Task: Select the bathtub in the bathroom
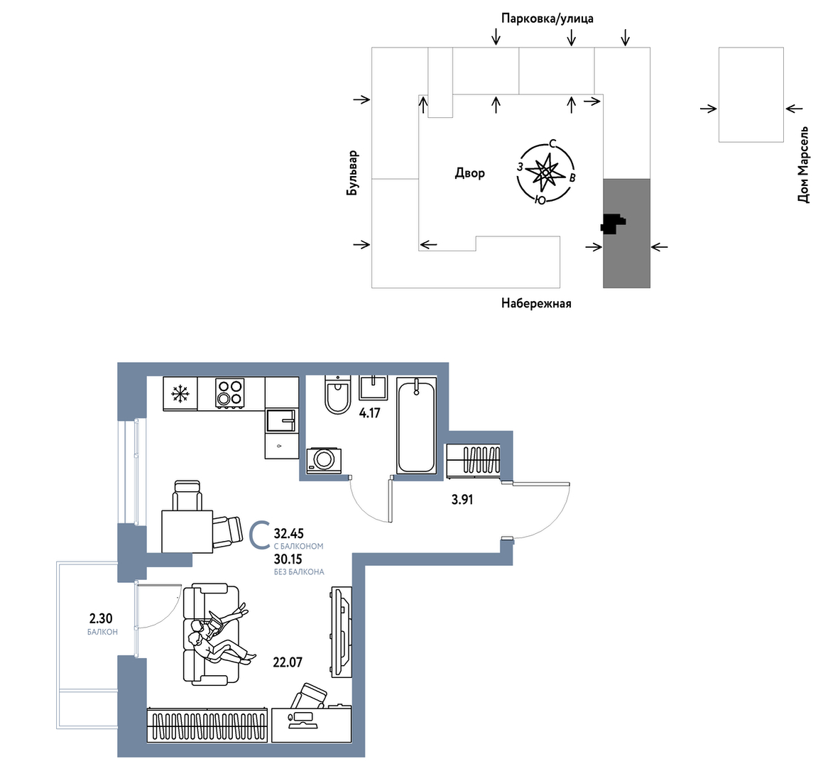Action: click(416, 425)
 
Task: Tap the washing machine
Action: click(324, 460)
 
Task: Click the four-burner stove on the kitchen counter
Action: click(230, 393)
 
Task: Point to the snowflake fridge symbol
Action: click(180, 393)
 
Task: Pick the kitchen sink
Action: click(281, 420)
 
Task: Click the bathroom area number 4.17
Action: click(369, 413)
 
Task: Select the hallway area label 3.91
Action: click(462, 500)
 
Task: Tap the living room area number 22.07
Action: click(288, 662)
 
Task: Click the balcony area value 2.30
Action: click(101, 620)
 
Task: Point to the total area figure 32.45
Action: click(289, 534)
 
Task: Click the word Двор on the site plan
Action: click(470, 173)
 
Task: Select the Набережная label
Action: click(536, 303)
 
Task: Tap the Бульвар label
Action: click(352, 173)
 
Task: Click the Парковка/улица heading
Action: click(547, 19)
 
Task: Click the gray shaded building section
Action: click(626, 234)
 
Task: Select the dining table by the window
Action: click(187, 531)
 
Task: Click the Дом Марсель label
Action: click(803, 164)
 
